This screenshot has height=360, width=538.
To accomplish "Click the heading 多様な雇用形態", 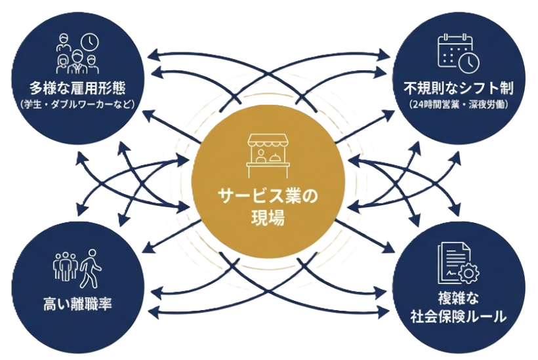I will (77, 88).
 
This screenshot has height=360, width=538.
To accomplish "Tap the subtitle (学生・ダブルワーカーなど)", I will (77, 104).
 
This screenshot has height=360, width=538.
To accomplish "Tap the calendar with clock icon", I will (458, 52).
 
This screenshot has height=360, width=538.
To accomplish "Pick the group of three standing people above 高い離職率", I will (64, 268).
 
